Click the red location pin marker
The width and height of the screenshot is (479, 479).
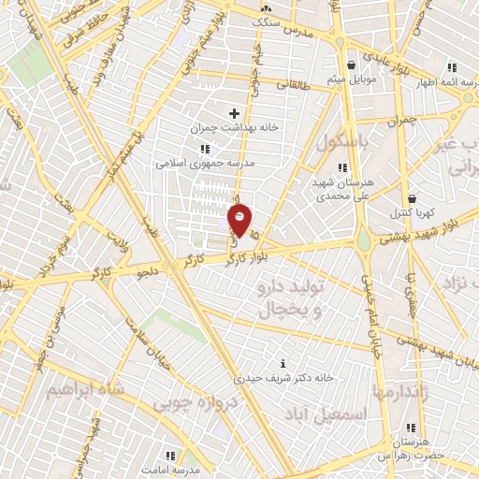coord(240,222)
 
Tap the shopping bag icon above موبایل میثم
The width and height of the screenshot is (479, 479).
coord(351,65)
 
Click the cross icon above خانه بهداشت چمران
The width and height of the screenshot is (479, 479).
coord(234,113)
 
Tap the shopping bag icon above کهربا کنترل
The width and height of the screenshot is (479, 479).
coord(413,199)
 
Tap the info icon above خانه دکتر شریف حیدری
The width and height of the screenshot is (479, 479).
coord(283,363)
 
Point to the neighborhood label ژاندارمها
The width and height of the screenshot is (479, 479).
coord(400,391)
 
